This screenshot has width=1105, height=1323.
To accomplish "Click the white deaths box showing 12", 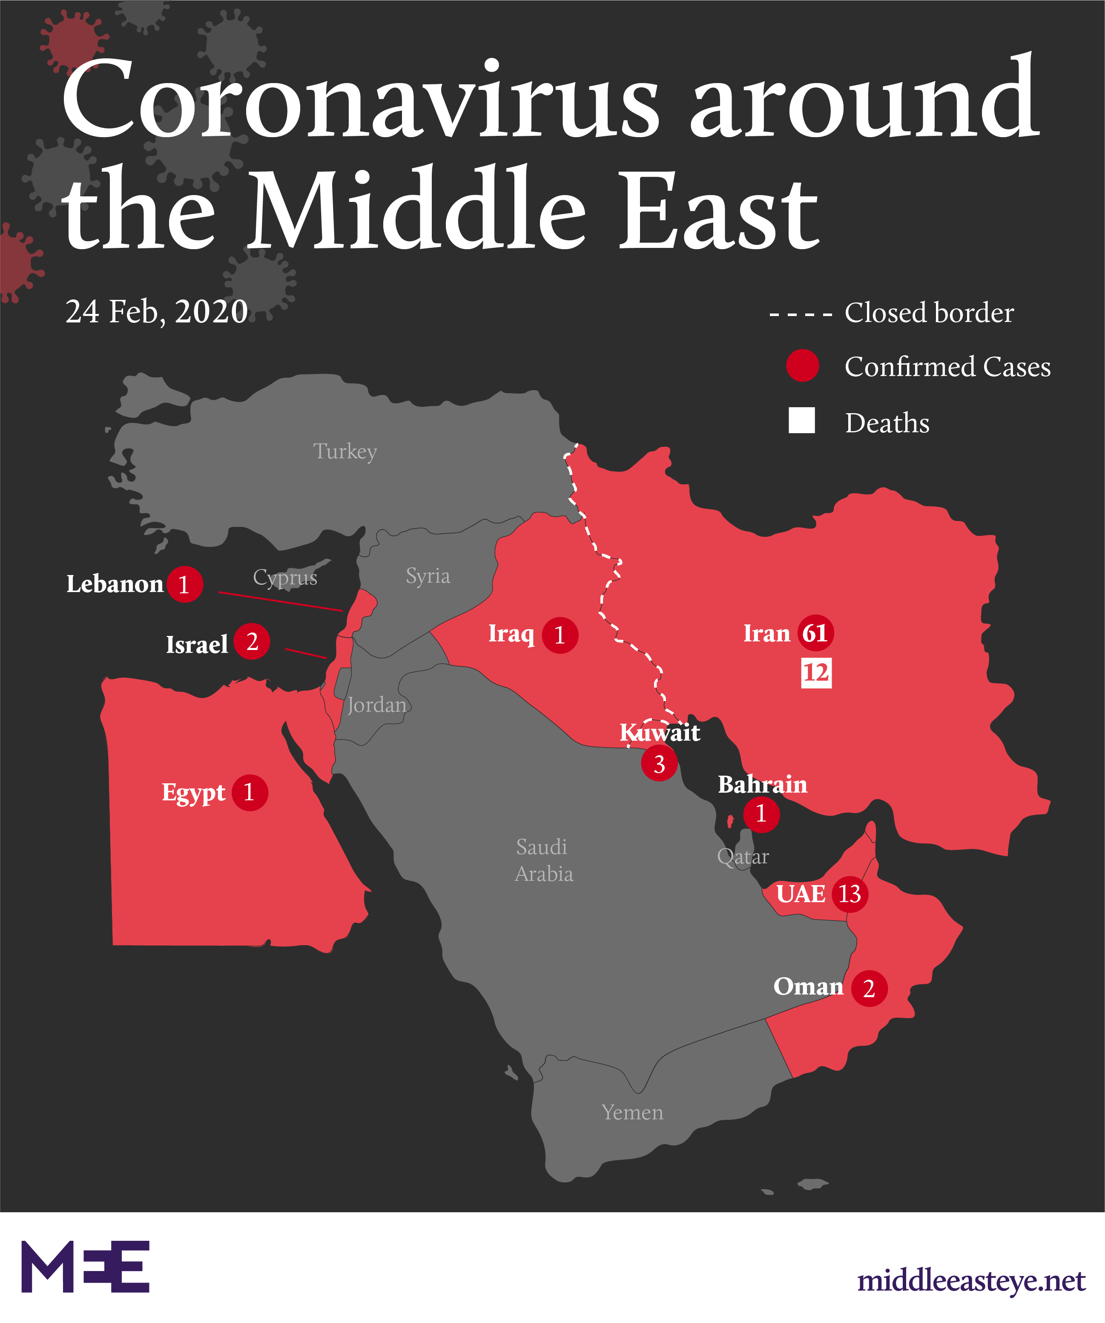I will click(x=816, y=673).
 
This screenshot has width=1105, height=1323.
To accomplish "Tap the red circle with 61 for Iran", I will click(x=815, y=633).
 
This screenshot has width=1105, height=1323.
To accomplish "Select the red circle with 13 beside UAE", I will click(x=850, y=893).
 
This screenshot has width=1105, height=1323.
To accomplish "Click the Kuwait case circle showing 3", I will click(x=659, y=764).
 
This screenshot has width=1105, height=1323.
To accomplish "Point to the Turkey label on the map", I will click(x=345, y=451).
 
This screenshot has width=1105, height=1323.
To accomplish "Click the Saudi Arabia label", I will click(x=543, y=860).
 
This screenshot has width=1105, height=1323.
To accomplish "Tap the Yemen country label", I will click(x=632, y=1113).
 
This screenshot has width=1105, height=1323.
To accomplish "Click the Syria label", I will click(x=428, y=575).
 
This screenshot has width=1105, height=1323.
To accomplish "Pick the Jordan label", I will click(x=376, y=705).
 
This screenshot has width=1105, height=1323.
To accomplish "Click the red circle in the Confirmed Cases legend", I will click(x=802, y=365).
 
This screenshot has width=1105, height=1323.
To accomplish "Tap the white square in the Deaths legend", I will click(x=801, y=420).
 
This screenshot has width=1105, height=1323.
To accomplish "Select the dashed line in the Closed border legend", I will click(x=801, y=313).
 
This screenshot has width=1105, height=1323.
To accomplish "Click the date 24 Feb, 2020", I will click(x=157, y=311).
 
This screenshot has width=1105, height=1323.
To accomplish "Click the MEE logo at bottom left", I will click(x=86, y=1266).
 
